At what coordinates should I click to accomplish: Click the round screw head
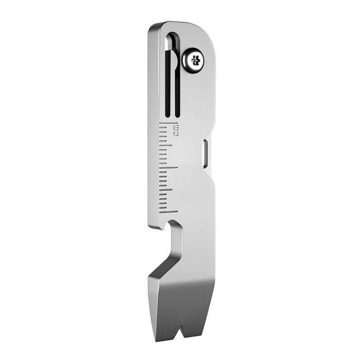[195, 60]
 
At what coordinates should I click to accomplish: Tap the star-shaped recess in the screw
[196, 59]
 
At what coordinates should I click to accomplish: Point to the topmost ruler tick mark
[168, 123]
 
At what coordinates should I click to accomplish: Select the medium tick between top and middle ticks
[168, 145]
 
